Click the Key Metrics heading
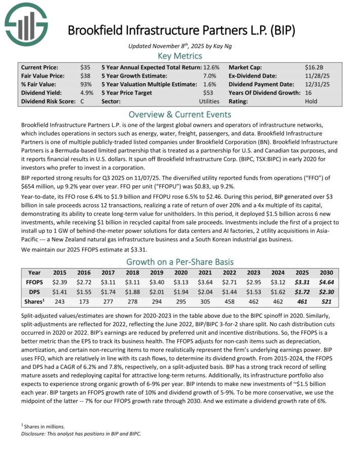tap(180, 56)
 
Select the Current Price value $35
tap(85, 67)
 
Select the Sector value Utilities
tap(209, 101)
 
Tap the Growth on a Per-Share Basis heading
tap(180, 262)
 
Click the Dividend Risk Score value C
tap(82, 101)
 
